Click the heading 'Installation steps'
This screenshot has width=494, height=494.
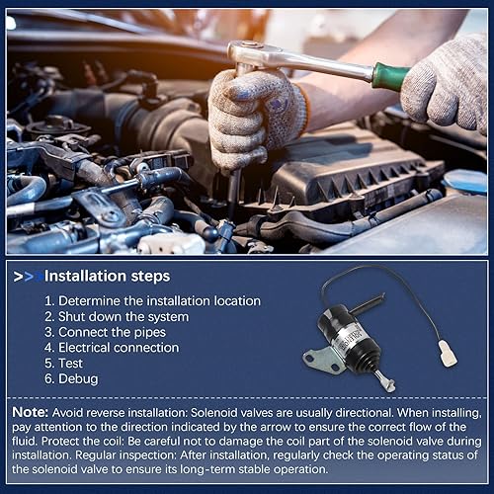tap(108, 276)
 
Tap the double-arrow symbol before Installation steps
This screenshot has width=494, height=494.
tap(29, 276)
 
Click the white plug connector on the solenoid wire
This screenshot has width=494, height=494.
tap(449, 353)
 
